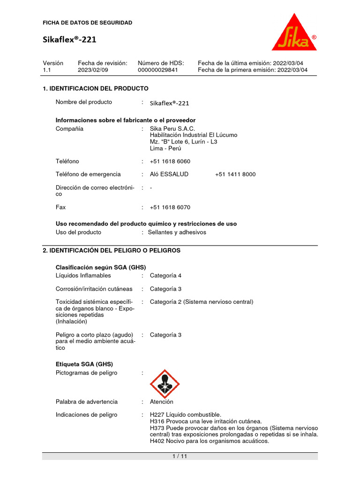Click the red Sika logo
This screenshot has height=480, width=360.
(x=294, y=34)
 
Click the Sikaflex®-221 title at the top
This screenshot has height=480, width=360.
(x=69, y=40)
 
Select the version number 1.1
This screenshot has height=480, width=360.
(x=46, y=70)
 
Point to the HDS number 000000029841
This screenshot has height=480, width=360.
(x=158, y=70)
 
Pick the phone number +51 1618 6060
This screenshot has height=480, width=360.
(x=170, y=161)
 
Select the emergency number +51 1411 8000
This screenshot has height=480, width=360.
(x=235, y=174)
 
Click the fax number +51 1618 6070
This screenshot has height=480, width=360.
(x=170, y=207)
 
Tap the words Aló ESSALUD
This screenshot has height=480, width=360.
(x=169, y=174)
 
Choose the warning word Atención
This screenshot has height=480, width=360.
(x=161, y=402)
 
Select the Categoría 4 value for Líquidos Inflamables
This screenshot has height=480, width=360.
(x=165, y=276)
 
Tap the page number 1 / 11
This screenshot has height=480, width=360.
(x=180, y=457)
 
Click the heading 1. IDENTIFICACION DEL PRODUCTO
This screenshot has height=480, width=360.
(x=96, y=89)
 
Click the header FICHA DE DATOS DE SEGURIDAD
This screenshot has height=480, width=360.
(x=88, y=22)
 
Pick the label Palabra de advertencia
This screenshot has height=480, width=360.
(x=87, y=402)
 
